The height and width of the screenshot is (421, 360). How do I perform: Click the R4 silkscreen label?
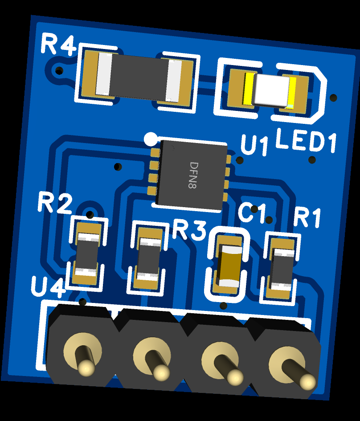click(59, 45)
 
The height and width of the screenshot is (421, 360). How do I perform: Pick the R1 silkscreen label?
click(307, 217)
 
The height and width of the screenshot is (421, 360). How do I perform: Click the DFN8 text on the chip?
click(193, 175)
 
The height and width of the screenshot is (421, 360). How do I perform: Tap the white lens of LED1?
click(272, 90)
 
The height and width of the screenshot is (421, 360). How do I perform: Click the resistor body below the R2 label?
click(86, 255)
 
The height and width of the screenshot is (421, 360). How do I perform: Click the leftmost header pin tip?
click(86, 368)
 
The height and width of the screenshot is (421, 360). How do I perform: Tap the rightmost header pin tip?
click(308, 381)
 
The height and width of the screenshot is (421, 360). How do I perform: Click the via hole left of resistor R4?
click(59, 71)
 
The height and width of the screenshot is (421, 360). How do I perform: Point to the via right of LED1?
click(333, 98)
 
